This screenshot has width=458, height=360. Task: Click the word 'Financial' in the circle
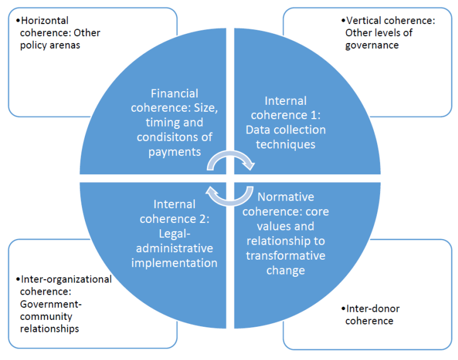pos(174,93)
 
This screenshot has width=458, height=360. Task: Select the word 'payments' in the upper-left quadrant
pos(174,151)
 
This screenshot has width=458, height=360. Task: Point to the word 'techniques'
pos(285,144)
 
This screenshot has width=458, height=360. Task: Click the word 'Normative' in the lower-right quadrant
pos(286,197)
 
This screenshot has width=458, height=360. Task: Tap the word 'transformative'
pos(285,255)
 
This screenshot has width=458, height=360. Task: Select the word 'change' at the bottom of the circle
pos(285,269)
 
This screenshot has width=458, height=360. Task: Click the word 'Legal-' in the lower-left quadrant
pos(174,233)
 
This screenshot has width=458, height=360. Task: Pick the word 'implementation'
pos(174,263)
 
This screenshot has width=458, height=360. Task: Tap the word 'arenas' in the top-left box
pos(64,45)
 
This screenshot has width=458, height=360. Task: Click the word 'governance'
pos(371,45)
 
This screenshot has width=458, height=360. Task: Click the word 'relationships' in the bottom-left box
pos(49,328)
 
